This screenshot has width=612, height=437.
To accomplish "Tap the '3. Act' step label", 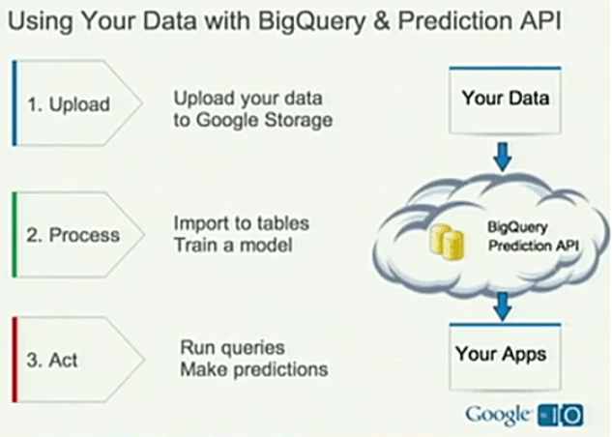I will click(x=52, y=361).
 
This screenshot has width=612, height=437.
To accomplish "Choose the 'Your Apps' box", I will click(x=500, y=354).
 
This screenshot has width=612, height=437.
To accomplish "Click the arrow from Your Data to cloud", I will click(x=503, y=155).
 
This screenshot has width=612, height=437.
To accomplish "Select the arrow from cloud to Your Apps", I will click(x=501, y=306).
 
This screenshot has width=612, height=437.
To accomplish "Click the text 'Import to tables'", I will click(x=241, y=223).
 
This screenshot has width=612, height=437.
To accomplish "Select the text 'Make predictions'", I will click(x=254, y=369).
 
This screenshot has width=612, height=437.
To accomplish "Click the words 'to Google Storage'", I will click(x=253, y=119).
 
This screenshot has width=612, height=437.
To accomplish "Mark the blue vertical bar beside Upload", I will click(x=15, y=102).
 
